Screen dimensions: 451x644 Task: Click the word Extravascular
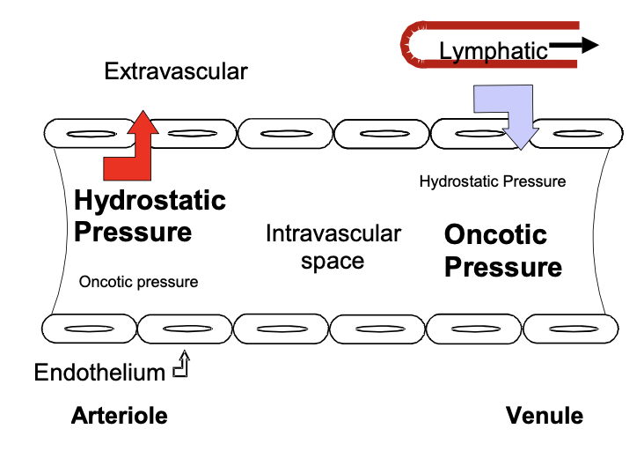[176, 70]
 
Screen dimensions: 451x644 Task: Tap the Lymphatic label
[493, 52]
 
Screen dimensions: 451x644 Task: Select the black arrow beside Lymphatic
[574, 44]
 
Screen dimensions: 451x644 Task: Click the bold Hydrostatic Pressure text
[150, 216]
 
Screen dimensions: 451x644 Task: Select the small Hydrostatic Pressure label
[492, 181]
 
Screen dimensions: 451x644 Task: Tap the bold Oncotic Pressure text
[502, 251]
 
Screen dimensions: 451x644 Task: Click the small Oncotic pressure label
[138, 282]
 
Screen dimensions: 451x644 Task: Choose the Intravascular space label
[333, 248]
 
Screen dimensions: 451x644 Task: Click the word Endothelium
[99, 373]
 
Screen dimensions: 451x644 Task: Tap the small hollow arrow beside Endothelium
[181, 366]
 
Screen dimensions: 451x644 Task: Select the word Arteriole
[119, 416]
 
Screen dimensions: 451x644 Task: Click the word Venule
[544, 416]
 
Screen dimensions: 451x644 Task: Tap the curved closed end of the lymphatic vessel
[409, 44]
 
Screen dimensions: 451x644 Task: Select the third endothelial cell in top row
[283, 135]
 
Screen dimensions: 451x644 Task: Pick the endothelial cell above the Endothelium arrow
[185, 329]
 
